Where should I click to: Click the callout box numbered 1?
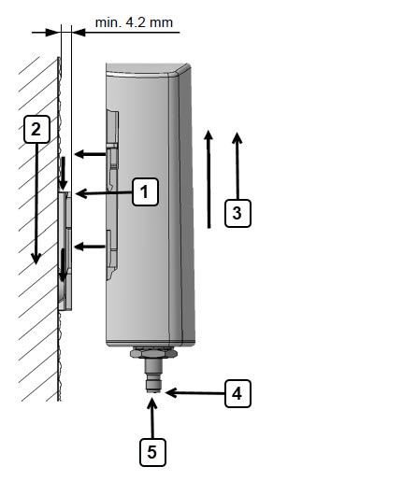click(x=145, y=192)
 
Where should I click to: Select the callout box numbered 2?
click(x=36, y=129)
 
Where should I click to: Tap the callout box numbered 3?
click(x=237, y=213)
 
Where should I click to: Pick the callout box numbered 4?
click(x=237, y=393)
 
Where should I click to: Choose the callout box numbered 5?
click(x=152, y=452)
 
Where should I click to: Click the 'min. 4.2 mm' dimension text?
click(x=134, y=22)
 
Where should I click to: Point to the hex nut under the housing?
click(x=153, y=352)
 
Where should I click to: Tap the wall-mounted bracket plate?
click(x=65, y=251)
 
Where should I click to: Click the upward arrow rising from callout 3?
click(x=237, y=166)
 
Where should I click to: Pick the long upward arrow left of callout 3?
click(x=208, y=179)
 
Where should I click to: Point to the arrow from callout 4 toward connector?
click(x=194, y=393)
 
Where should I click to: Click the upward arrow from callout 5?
click(x=152, y=418)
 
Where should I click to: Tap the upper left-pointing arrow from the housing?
click(x=90, y=154)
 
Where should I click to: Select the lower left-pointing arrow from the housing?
click(x=90, y=247)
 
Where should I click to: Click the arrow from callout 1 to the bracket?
click(x=104, y=193)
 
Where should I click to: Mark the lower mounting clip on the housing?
click(x=112, y=255)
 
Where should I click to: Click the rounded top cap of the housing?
click(x=148, y=70)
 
